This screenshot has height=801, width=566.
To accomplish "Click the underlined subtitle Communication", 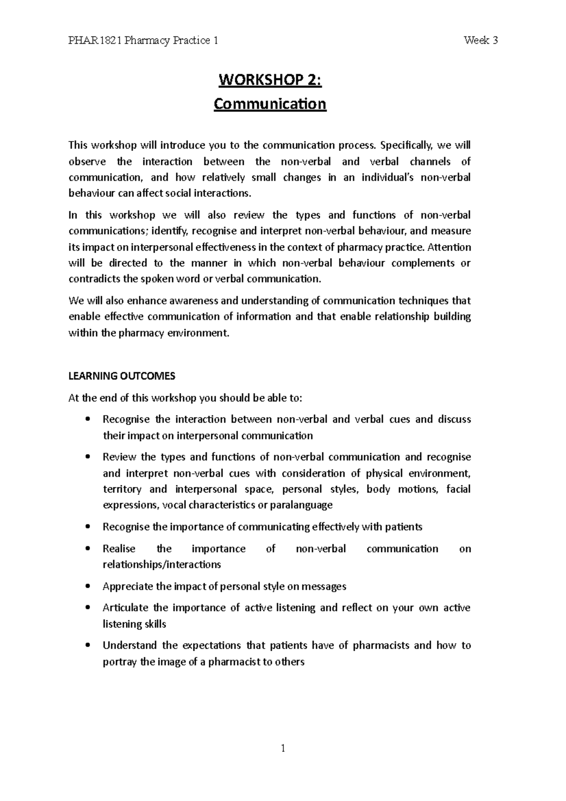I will pyautogui.click(x=270, y=103).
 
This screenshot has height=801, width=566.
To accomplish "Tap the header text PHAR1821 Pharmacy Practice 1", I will pyautogui.click(x=143, y=41).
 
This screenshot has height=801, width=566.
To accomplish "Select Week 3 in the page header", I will pyautogui.click(x=481, y=41).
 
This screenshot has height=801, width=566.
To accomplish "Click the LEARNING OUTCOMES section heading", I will pyautogui.click(x=122, y=376).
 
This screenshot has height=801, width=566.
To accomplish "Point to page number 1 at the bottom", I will pyautogui.click(x=283, y=748).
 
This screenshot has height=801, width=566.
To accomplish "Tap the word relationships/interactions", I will pyautogui.click(x=162, y=565).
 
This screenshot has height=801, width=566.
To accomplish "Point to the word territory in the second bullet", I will pyautogui.click(x=122, y=489).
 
